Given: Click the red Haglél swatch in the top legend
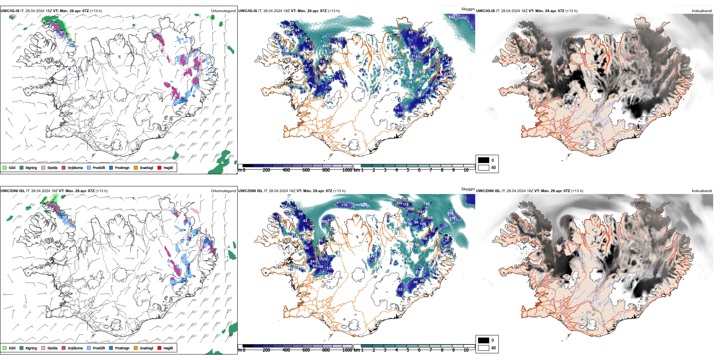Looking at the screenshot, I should (x=160, y=167).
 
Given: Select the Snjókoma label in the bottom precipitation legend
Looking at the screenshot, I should (x=75, y=348).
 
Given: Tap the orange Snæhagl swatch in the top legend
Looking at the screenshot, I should (x=136, y=167).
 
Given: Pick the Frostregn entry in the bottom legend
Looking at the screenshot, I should (x=122, y=348).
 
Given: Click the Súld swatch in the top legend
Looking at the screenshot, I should (x=5, y=167).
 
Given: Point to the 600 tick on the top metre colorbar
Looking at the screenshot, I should (x=306, y=170).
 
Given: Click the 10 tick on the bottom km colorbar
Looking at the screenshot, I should (x=466, y=350).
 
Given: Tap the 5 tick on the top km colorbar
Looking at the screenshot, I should (x=408, y=170).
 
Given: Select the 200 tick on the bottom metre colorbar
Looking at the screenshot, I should (x=266, y=350).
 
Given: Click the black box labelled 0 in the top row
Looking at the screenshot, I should (x=484, y=160).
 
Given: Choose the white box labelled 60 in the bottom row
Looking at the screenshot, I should (x=484, y=347).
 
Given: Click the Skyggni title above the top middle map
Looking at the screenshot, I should (x=468, y=9).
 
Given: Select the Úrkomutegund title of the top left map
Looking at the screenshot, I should (x=223, y=11).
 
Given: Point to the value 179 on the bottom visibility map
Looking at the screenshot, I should (x=344, y=205).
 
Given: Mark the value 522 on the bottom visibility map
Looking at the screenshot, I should (x=363, y=205).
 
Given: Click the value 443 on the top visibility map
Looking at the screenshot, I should (x=325, y=46).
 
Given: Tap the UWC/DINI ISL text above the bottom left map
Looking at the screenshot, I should (x=13, y=191).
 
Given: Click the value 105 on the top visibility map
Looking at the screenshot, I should (x=400, y=113).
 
